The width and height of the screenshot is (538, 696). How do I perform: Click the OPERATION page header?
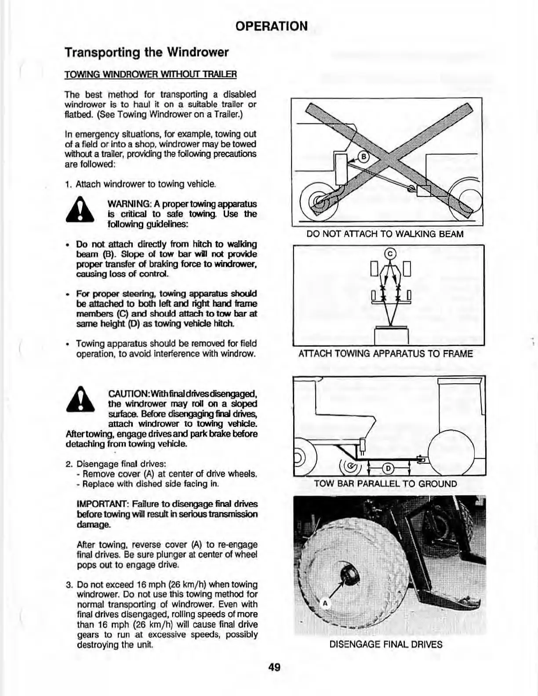pyautogui.click(x=271, y=26)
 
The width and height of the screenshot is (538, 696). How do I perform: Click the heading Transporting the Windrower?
pyautogui.click(x=147, y=53)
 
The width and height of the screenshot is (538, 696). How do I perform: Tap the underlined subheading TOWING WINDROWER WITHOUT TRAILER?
pyautogui.click(x=150, y=74)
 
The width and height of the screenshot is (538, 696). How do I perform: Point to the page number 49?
pyautogui.click(x=274, y=667)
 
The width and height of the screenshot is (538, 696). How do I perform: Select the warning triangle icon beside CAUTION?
pyautogui.click(x=80, y=400)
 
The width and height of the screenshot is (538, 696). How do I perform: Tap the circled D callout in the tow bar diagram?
pyautogui.click(x=388, y=469)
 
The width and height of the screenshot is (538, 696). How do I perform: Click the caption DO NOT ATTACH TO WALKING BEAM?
pyautogui.click(x=385, y=234)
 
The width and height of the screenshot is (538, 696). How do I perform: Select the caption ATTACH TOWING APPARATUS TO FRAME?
pyautogui.click(x=385, y=353)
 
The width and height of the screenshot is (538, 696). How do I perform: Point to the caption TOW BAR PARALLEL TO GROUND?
pyautogui.click(x=385, y=484)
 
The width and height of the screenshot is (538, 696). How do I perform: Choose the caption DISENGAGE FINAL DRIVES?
pyautogui.click(x=385, y=645)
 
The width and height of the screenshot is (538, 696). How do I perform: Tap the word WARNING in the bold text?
pyautogui.click(x=127, y=204)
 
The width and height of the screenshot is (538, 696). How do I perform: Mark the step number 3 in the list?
pyautogui.click(x=69, y=585)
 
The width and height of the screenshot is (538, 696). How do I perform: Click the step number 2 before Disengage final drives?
pyautogui.click(x=69, y=464)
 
